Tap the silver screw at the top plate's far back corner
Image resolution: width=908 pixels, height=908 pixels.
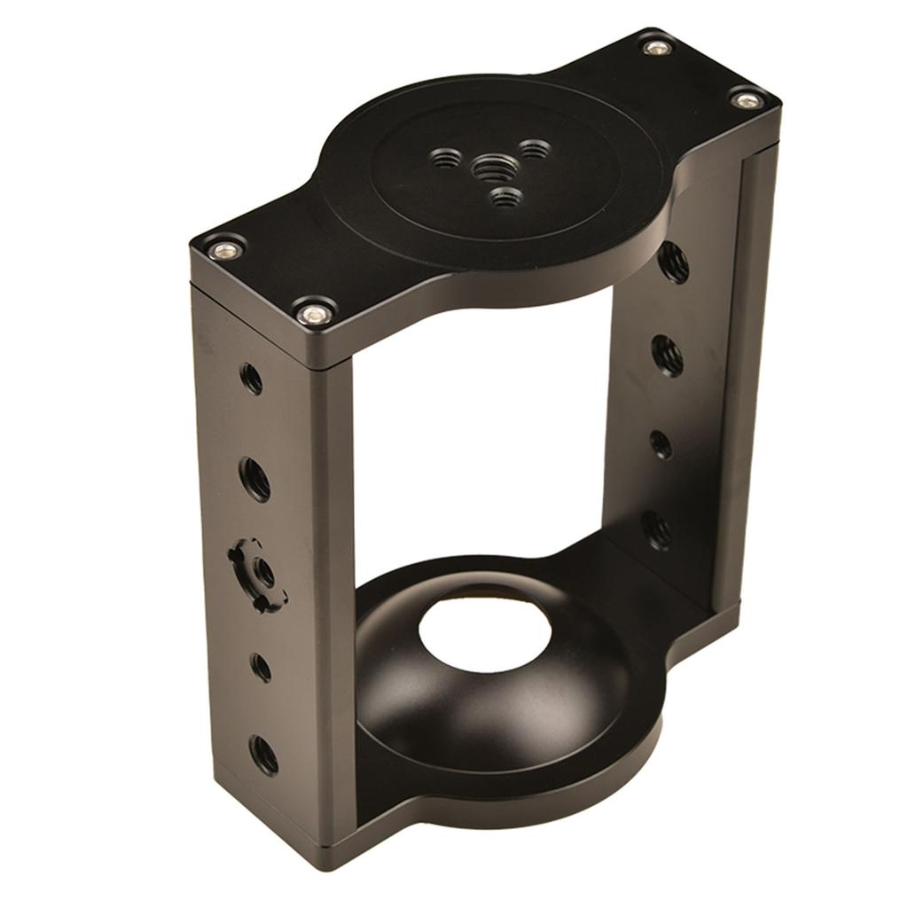pos(656,46)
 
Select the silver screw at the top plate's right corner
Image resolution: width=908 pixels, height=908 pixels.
pos(747,99)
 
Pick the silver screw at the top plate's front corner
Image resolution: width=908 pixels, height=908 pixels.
pos(313,312)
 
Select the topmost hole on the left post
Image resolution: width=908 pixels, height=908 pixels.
pos(252,380)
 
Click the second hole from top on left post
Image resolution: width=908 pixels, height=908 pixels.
pos(255,479)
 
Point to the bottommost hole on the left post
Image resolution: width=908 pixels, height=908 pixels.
pos(263,755)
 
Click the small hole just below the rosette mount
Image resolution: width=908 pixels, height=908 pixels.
pos(261,667)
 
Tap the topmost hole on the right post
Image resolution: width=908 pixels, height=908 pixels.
pos(673,262)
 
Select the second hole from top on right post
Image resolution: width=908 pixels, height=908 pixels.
pos(668,355)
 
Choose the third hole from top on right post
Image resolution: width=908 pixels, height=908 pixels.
pos(661,443)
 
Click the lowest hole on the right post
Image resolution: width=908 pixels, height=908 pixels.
pos(656,530)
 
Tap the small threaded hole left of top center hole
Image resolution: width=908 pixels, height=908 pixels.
pos(446,159)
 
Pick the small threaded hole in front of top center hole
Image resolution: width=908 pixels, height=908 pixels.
pos(505,197)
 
